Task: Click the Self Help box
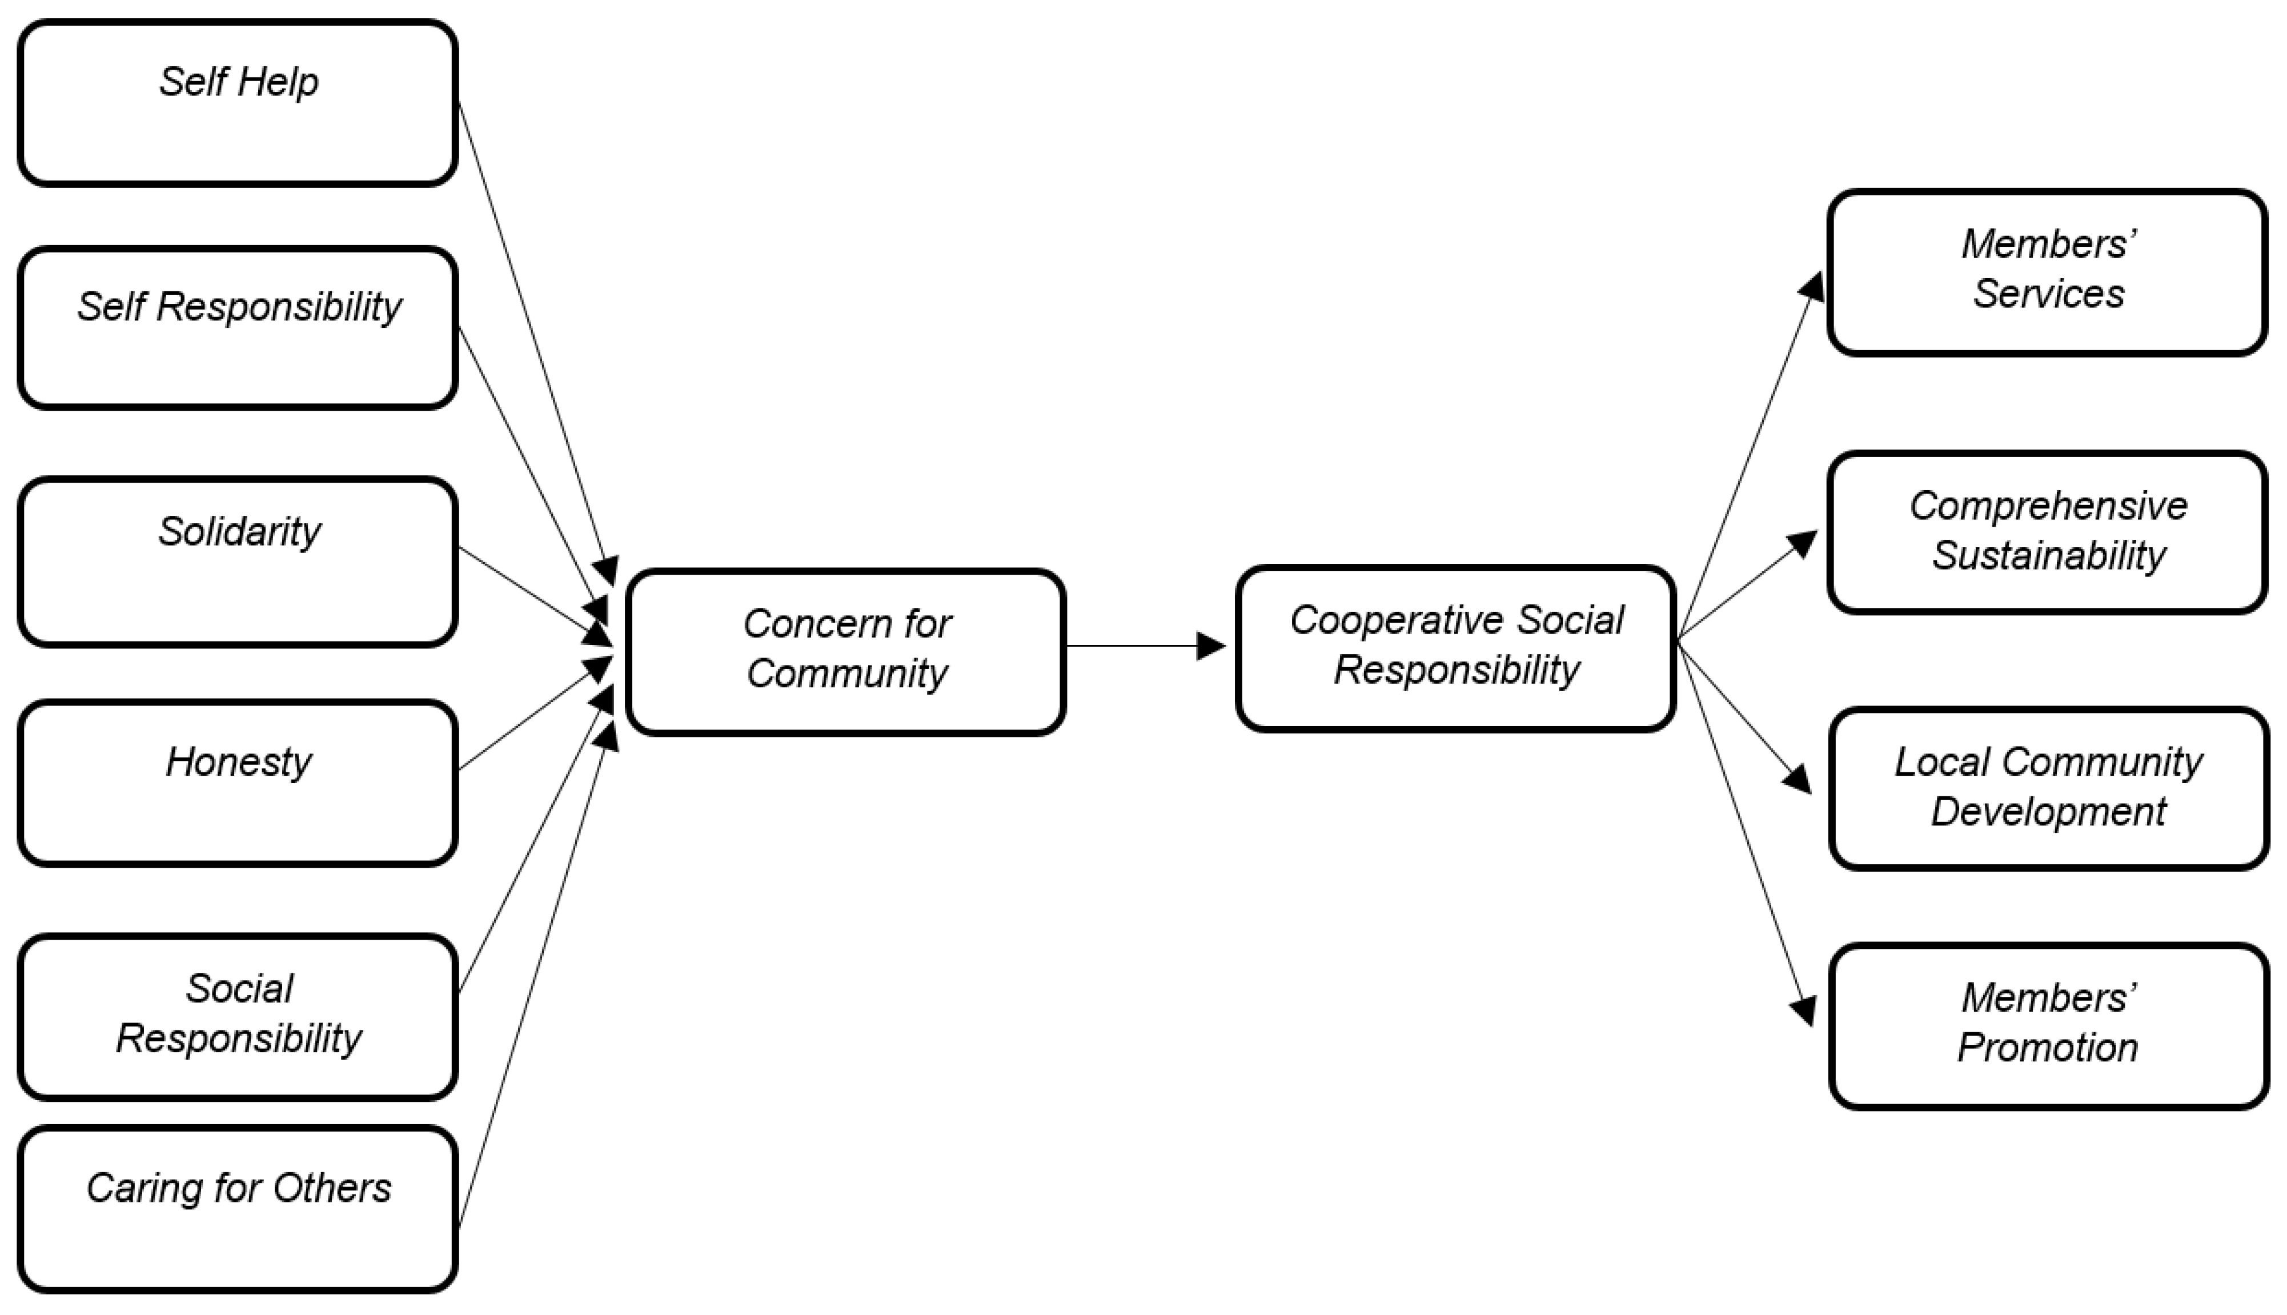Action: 238,104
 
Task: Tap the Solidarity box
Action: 238,562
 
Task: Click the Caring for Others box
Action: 238,1208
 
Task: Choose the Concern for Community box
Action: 846,651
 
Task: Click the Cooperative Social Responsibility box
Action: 1455,648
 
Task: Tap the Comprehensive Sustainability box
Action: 2047,532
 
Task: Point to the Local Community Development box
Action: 2048,788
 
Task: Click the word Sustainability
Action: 2048,555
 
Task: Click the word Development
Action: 2048,812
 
